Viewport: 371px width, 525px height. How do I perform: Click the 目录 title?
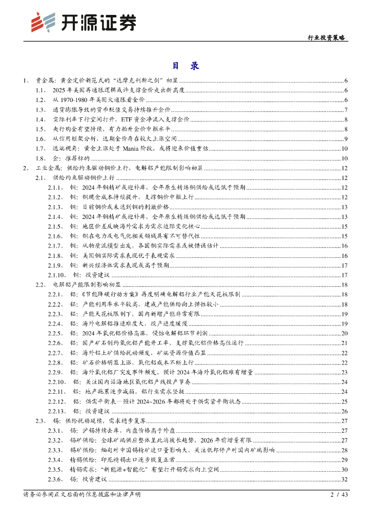point(185,66)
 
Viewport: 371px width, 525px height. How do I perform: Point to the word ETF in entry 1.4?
point(126,119)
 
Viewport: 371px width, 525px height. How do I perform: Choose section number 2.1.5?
point(55,226)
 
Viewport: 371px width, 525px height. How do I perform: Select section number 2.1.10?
point(56,275)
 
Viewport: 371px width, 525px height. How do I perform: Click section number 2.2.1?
point(55,294)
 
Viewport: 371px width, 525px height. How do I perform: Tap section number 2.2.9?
point(55,372)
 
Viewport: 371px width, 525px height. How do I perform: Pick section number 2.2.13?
point(56,411)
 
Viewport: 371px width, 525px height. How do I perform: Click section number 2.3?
point(41,420)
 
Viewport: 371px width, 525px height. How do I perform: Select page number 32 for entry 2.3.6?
point(344,479)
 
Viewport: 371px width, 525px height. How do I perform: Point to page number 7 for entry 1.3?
point(346,110)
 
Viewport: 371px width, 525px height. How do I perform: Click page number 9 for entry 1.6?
point(346,139)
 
